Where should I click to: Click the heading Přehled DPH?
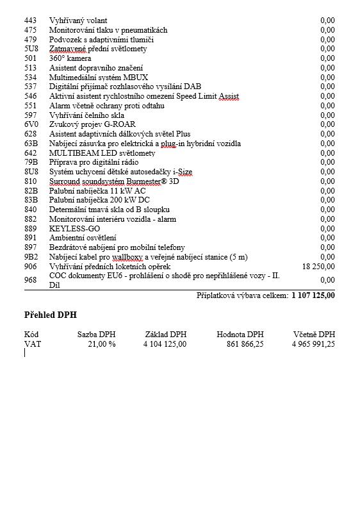coord(51,315)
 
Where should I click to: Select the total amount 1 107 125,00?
coord(313,295)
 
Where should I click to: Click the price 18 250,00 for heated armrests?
coord(318,266)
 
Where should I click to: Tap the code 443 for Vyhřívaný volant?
coord(31,21)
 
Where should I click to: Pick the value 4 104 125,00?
coord(165,344)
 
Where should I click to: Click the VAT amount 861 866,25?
coord(245,344)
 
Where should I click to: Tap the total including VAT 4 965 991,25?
coord(313,344)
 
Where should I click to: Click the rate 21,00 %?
coord(101,344)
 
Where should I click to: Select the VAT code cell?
coord(33,344)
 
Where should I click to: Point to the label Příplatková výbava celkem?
coord(242,295)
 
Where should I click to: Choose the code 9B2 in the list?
coord(31,257)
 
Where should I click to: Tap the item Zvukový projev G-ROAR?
coord(92,124)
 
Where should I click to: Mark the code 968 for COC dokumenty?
coord(31,280)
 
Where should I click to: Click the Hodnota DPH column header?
coord(240,335)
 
